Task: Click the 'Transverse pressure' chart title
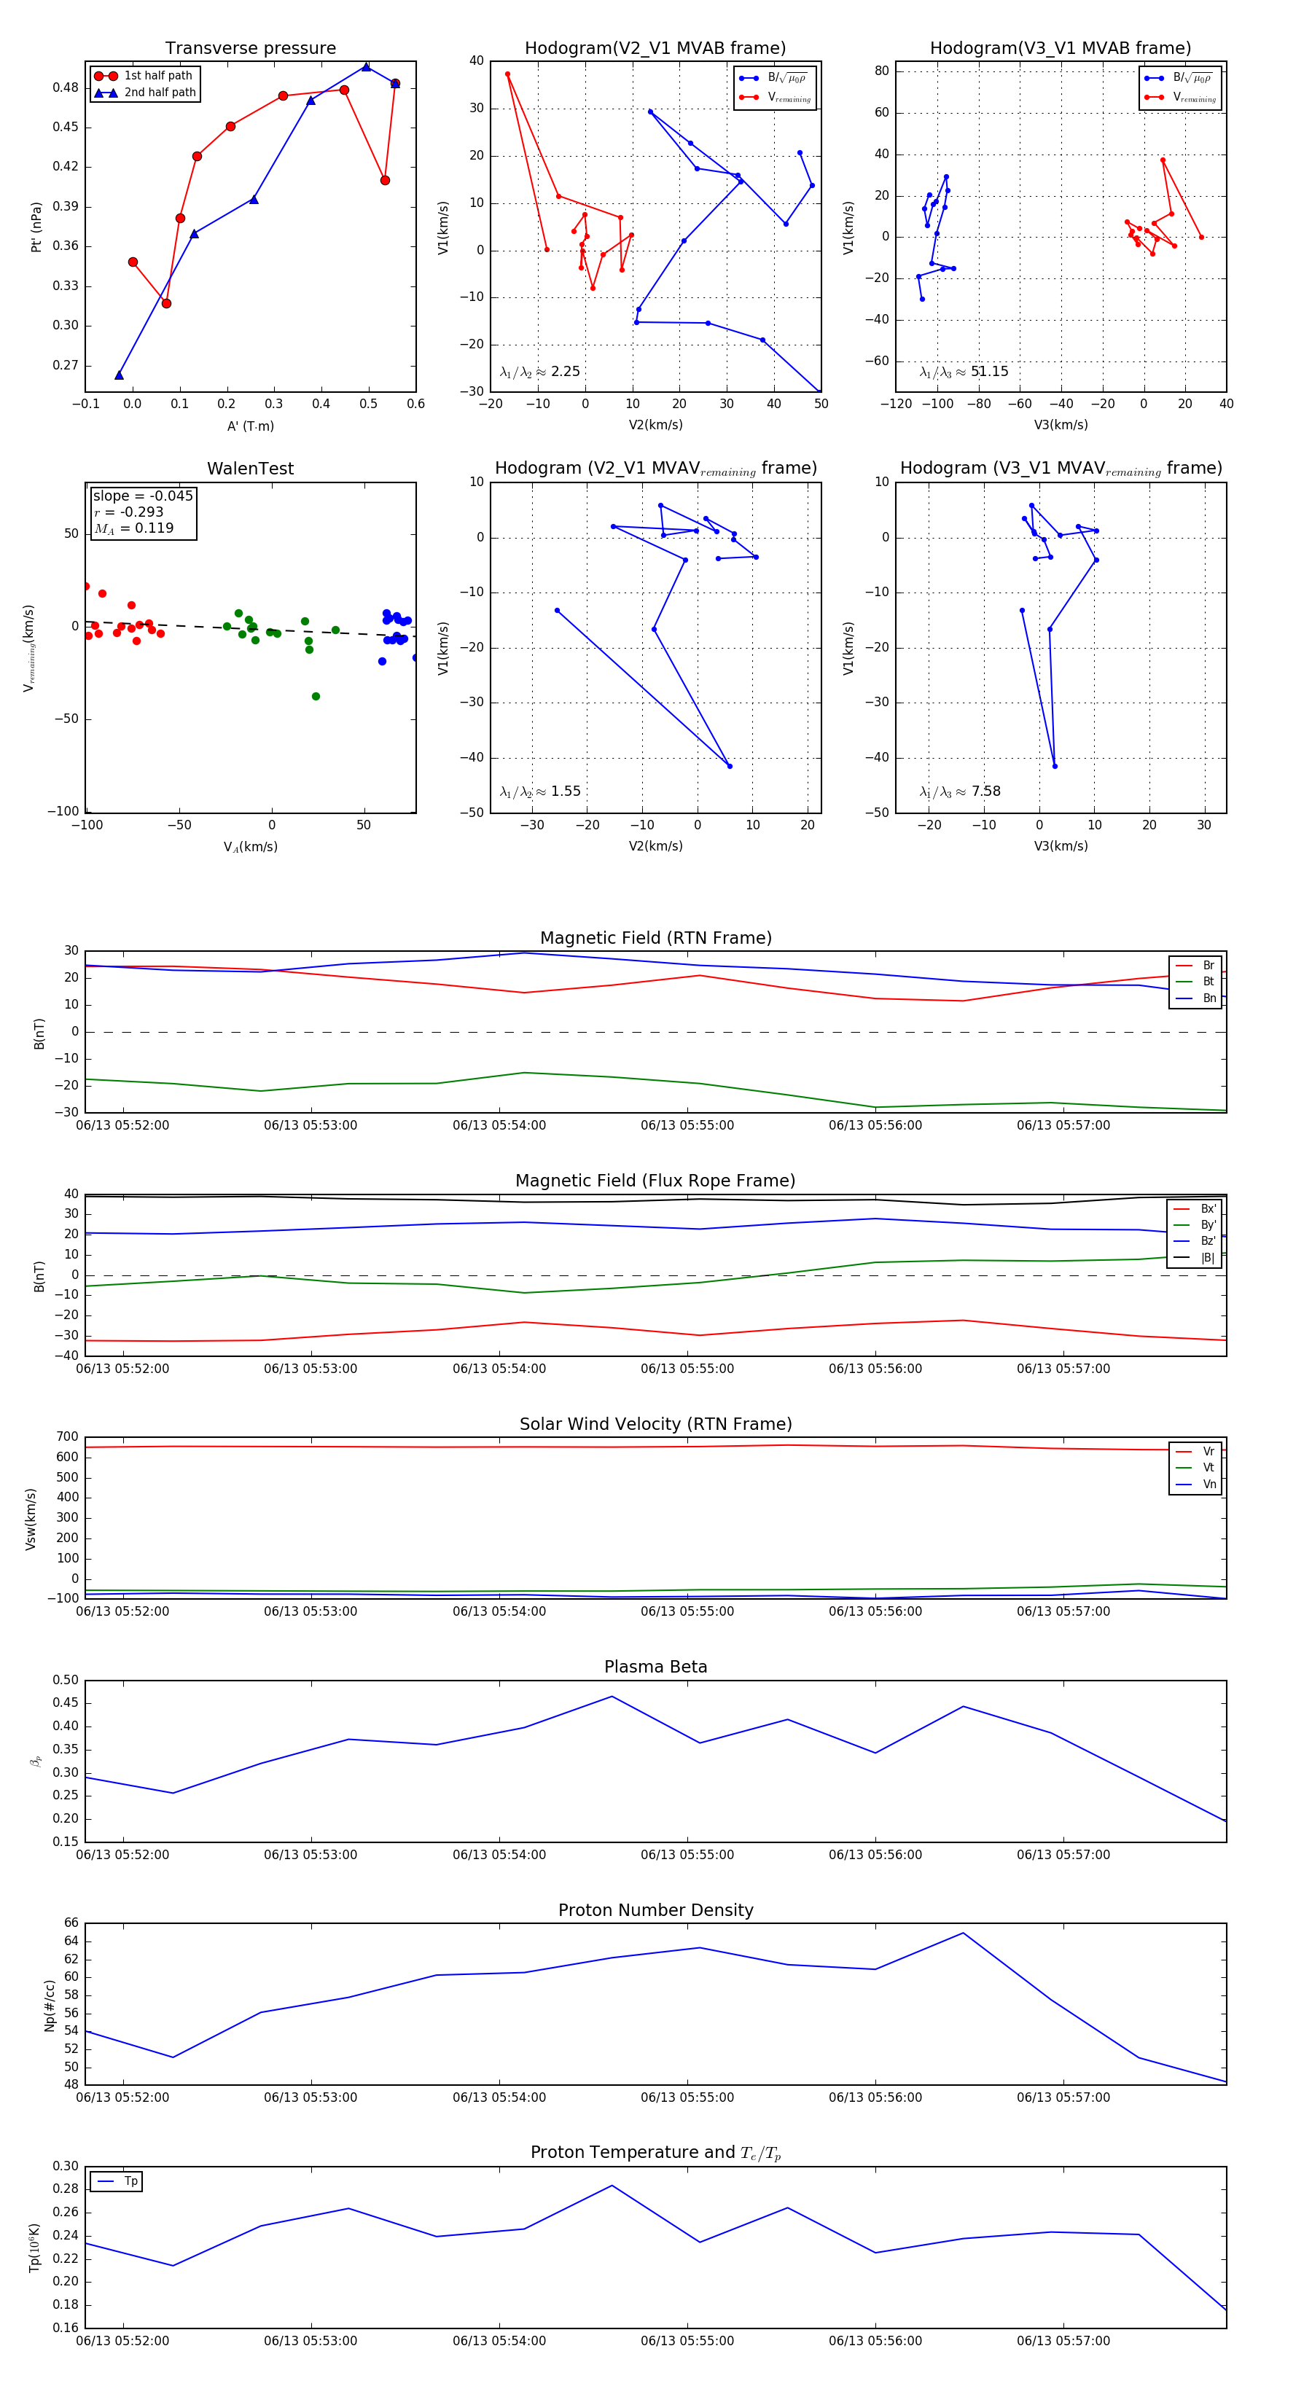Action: (x=250, y=49)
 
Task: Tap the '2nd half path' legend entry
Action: (x=160, y=93)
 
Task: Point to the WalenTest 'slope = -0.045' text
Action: (x=143, y=496)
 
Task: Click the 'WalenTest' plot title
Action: (x=250, y=469)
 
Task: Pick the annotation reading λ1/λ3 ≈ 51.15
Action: (x=964, y=372)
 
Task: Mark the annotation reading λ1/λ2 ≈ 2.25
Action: (x=539, y=372)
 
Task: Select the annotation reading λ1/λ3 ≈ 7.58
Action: (x=960, y=791)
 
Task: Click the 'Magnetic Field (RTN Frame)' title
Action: (x=655, y=938)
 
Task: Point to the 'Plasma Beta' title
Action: (x=655, y=1667)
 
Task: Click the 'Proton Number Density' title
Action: (x=655, y=1910)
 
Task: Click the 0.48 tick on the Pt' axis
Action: (x=66, y=87)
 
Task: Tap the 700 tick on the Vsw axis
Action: (x=67, y=1437)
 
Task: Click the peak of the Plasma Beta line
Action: (x=612, y=1697)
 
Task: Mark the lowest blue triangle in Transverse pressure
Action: (x=119, y=375)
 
